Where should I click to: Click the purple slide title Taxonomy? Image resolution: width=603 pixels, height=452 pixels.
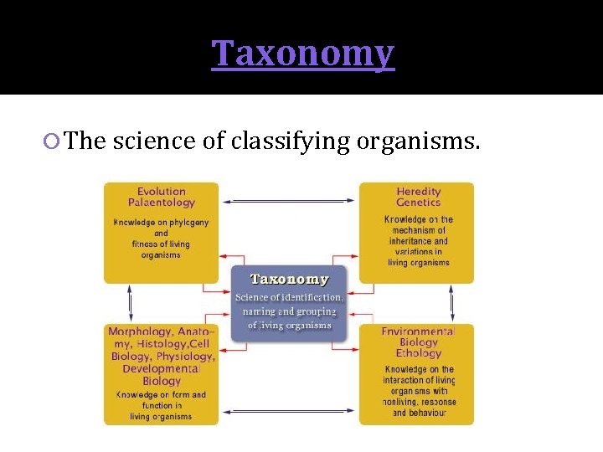tap(302, 53)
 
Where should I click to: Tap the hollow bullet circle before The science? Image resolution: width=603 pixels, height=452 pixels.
tap(53, 141)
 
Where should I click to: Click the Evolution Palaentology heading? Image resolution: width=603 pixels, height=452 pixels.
tap(162, 197)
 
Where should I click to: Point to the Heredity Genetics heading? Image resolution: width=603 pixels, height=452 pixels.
tap(418, 197)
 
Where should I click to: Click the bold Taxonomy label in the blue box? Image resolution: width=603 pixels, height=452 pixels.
tap(290, 280)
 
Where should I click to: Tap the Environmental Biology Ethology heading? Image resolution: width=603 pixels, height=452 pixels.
tap(418, 342)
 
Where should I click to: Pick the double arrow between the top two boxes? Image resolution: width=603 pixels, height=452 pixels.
tap(289, 201)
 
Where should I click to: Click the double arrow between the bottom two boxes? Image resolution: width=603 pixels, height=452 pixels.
tap(289, 411)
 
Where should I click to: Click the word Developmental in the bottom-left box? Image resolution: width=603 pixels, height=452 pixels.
tap(162, 369)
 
